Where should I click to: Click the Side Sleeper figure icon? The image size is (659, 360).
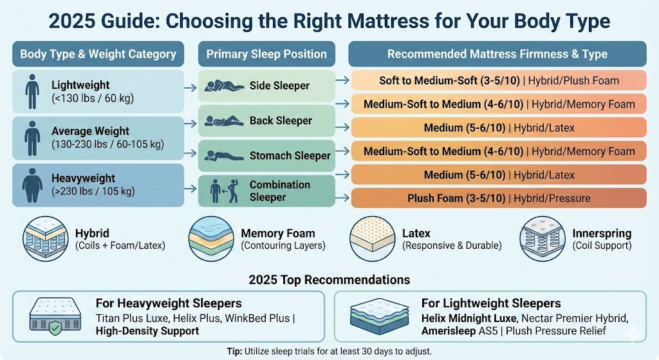pos(225,86)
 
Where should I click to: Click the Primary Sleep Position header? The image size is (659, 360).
pos(267,54)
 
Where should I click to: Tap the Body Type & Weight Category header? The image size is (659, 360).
pos(98,54)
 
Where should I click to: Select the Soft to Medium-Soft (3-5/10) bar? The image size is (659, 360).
pos(499,81)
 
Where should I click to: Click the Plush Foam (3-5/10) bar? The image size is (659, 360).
pos(499,198)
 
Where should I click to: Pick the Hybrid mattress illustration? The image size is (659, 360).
pos(45,238)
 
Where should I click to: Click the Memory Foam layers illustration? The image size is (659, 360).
pos(210,238)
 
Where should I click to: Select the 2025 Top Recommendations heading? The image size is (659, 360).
pos(329,280)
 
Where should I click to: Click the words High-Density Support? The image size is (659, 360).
pos(147,331)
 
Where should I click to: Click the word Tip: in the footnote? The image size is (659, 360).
pos(235,351)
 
